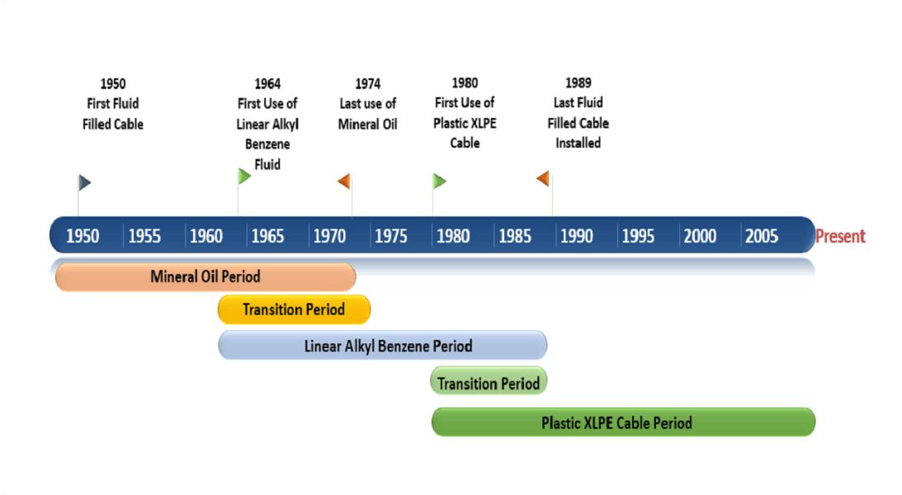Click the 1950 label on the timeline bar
(x=83, y=237)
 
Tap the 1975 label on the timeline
(x=390, y=237)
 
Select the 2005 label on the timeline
(x=761, y=237)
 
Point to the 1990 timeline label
(x=576, y=237)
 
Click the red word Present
(x=840, y=237)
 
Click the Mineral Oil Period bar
(x=205, y=276)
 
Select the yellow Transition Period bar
(x=294, y=309)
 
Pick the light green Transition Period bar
(x=489, y=383)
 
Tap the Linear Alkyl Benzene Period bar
(x=383, y=345)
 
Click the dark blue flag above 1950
(x=84, y=182)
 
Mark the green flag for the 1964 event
(x=244, y=176)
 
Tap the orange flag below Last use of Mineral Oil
(x=344, y=181)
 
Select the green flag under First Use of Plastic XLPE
(x=439, y=181)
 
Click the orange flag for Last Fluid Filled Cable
(x=543, y=178)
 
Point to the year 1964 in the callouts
(x=267, y=83)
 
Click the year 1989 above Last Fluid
(x=578, y=82)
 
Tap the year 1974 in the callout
(x=368, y=83)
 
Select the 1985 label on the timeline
(x=515, y=237)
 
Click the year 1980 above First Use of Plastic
(x=465, y=82)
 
